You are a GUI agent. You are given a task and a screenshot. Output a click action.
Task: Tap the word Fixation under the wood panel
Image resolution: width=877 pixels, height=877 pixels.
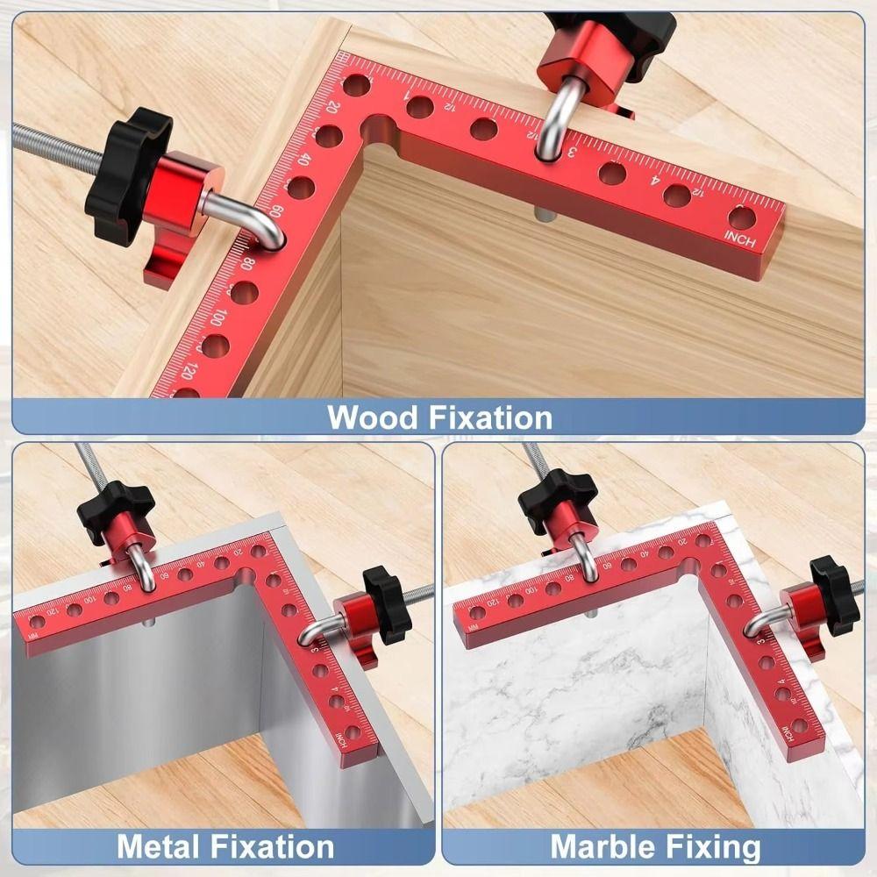click(490, 417)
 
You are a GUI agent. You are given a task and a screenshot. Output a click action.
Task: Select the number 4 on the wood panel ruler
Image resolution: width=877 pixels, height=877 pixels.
click(655, 182)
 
